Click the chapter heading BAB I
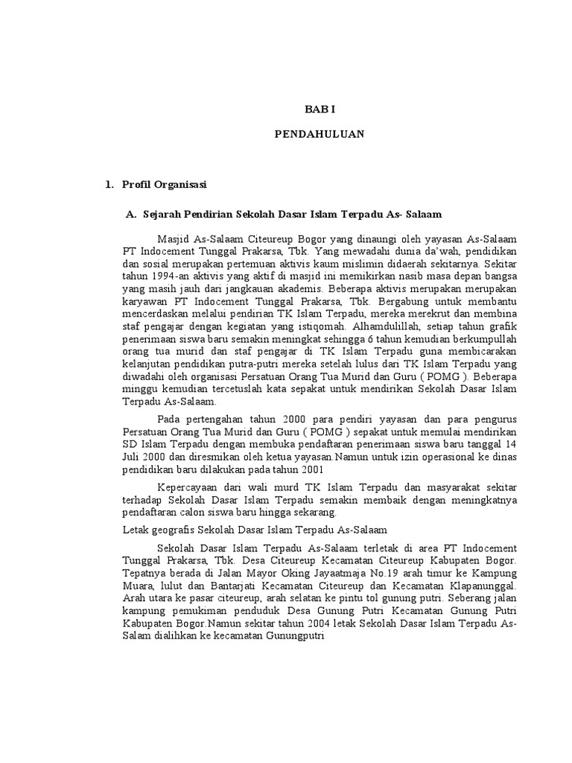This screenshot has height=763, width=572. tap(320, 109)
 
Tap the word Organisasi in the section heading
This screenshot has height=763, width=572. tap(181, 183)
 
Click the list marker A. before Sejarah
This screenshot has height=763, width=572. tap(131, 215)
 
